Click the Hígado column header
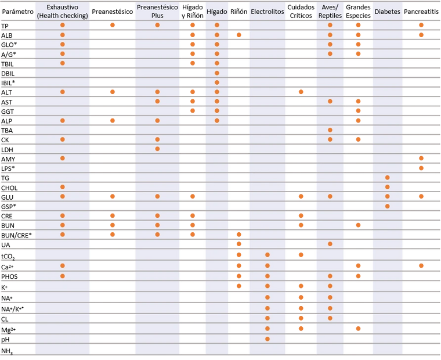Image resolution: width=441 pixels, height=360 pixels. point(216,12)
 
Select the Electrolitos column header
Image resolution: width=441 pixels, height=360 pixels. point(268,12)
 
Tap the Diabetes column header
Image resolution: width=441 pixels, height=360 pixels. point(387,12)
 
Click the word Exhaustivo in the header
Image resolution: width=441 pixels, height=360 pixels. point(62,8)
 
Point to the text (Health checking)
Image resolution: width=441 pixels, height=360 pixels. point(62,16)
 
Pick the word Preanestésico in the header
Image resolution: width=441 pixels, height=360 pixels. point(157,8)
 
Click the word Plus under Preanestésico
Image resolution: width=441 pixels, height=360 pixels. point(157,16)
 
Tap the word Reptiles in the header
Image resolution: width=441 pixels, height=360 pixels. point(330,16)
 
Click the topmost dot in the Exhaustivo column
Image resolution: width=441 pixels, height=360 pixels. point(62,26)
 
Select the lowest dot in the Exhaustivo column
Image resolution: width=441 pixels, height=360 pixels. point(62,276)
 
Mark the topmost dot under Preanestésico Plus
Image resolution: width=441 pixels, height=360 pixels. point(157,26)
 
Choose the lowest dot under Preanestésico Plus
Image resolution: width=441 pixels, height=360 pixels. point(157,235)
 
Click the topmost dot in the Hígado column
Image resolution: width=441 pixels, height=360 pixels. point(216,26)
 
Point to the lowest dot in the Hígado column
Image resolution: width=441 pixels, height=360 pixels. point(216,120)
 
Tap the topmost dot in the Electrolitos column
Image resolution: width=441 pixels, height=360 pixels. point(268,255)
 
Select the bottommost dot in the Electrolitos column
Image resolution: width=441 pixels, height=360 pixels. point(268,339)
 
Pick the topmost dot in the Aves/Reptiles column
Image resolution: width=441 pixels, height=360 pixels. point(330,26)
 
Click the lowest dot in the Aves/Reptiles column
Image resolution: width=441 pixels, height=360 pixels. point(330,318)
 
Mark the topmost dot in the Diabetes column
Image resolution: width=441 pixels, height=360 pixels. point(387,177)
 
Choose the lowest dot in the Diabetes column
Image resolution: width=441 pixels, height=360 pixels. point(387,206)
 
